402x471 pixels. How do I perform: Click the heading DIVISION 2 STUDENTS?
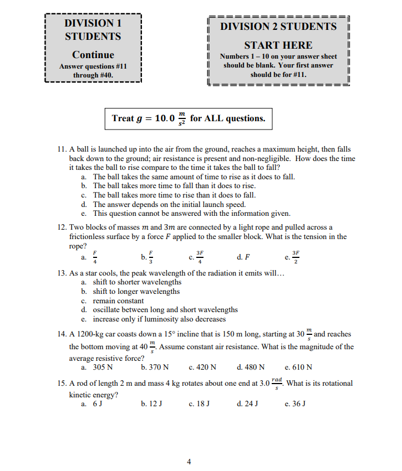click(278, 27)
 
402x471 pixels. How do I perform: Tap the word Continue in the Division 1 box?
click(93, 55)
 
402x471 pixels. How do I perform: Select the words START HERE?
click(278, 45)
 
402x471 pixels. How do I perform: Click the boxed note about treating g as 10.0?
click(189, 118)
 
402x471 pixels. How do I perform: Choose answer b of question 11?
click(174, 186)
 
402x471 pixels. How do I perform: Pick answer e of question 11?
click(191, 213)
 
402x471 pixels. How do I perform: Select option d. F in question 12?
click(242, 257)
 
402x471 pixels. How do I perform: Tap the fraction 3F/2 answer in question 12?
click(293, 257)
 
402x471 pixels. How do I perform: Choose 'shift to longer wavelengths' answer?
click(136, 291)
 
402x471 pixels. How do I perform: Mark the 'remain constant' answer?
click(118, 301)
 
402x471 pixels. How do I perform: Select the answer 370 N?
click(155, 367)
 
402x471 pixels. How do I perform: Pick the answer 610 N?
click(298, 367)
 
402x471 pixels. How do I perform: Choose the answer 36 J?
click(294, 403)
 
